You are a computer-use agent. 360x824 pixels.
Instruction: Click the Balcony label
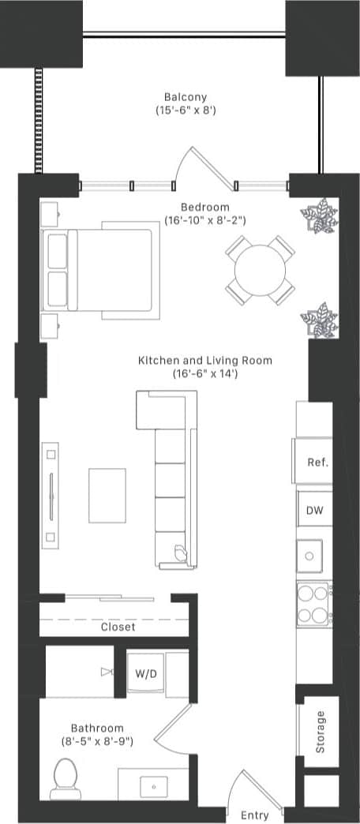(x=186, y=97)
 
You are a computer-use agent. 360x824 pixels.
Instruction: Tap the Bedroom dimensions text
(x=205, y=220)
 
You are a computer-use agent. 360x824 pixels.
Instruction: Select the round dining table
(x=260, y=270)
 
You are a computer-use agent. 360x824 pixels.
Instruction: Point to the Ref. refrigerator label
(x=317, y=463)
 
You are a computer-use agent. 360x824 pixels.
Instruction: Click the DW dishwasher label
(x=314, y=510)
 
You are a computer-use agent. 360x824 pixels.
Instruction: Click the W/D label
(x=144, y=674)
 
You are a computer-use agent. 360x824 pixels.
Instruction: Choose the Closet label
(x=118, y=627)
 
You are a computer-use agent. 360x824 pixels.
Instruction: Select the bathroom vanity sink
(x=152, y=785)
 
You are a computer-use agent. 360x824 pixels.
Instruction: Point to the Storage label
(x=320, y=732)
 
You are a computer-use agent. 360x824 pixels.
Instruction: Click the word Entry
(x=253, y=815)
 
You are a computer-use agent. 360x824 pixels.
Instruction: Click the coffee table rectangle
(x=107, y=495)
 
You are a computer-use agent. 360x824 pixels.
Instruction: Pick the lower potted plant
(x=319, y=320)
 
